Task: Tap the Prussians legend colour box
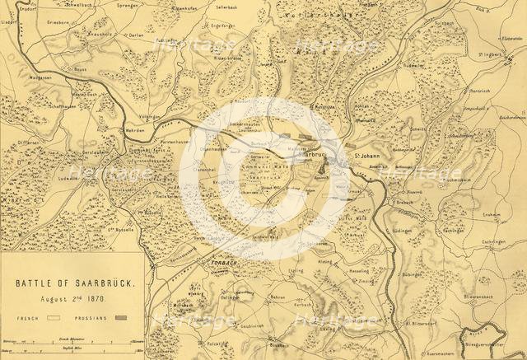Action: (x=125, y=316)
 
